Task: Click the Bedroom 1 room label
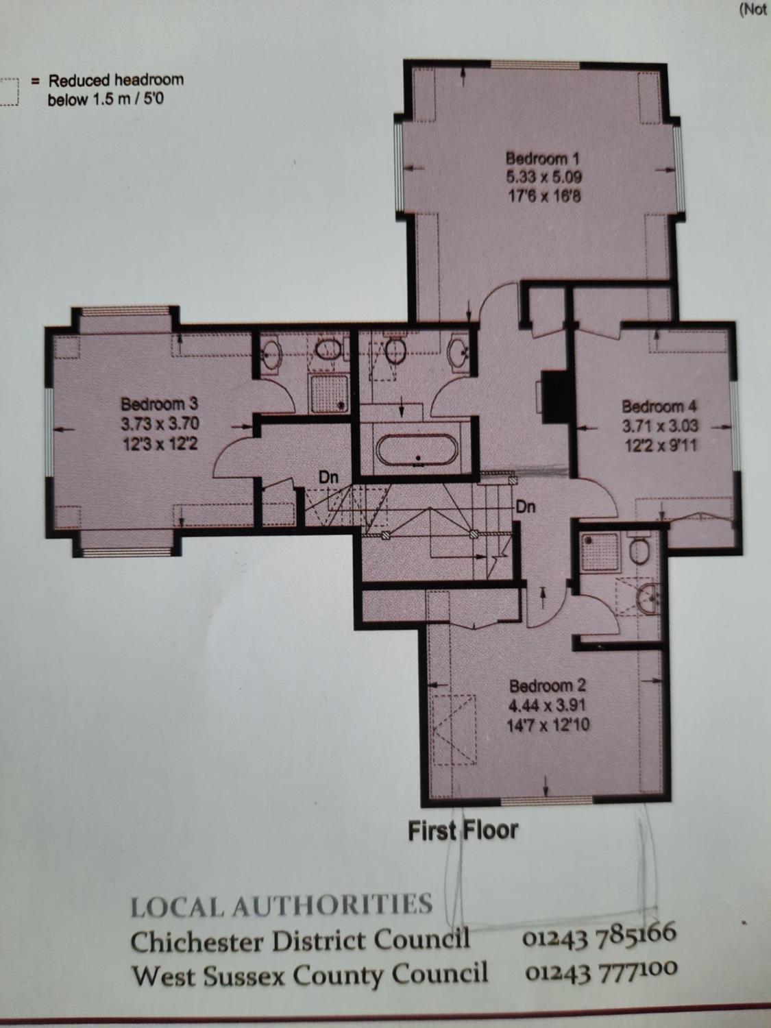click(x=543, y=158)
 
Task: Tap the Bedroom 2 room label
click(x=547, y=686)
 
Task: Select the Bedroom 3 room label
click(x=159, y=404)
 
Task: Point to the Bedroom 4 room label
click(x=659, y=406)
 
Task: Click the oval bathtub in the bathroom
click(x=416, y=450)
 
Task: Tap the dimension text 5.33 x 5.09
click(x=543, y=177)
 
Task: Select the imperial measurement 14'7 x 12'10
click(x=548, y=726)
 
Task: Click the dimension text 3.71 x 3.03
click(x=659, y=426)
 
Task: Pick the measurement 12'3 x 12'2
click(x=160, y=443)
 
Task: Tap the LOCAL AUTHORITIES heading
click(x=281, y=905)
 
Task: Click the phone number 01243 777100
click(x=601, y=971)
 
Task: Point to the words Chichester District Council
click(x=299, y=940)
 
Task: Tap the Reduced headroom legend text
click(x=116, y=90)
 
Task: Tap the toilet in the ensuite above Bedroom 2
click(x=639, y=550)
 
